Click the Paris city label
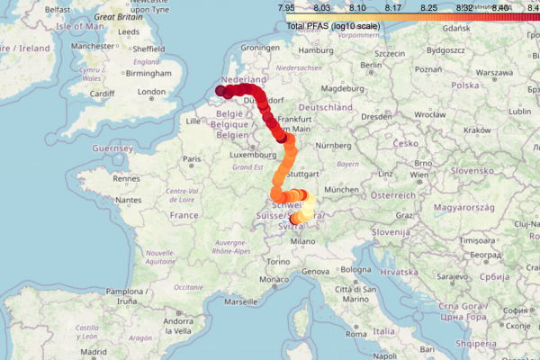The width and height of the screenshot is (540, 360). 190,159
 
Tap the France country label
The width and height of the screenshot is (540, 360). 184,216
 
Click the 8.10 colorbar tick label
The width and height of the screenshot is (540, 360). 355,7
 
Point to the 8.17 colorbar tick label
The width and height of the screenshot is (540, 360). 391,7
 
